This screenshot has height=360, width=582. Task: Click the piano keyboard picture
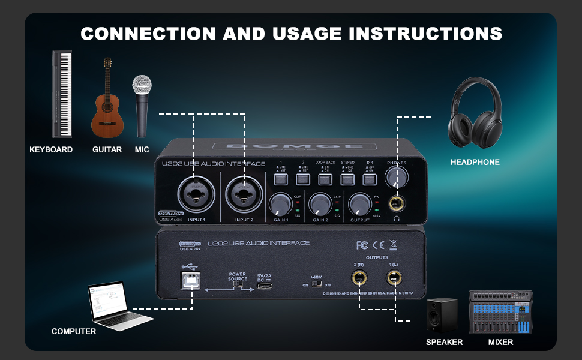(62, 94)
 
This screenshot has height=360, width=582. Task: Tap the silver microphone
(142, 105)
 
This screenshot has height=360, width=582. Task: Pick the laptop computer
(111, 306)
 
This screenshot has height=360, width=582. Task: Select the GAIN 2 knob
(319, 205)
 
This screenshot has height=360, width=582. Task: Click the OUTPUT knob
(359, 204)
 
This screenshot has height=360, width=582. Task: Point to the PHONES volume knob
(397, 176)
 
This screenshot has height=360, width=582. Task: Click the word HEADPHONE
(475, 162)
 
